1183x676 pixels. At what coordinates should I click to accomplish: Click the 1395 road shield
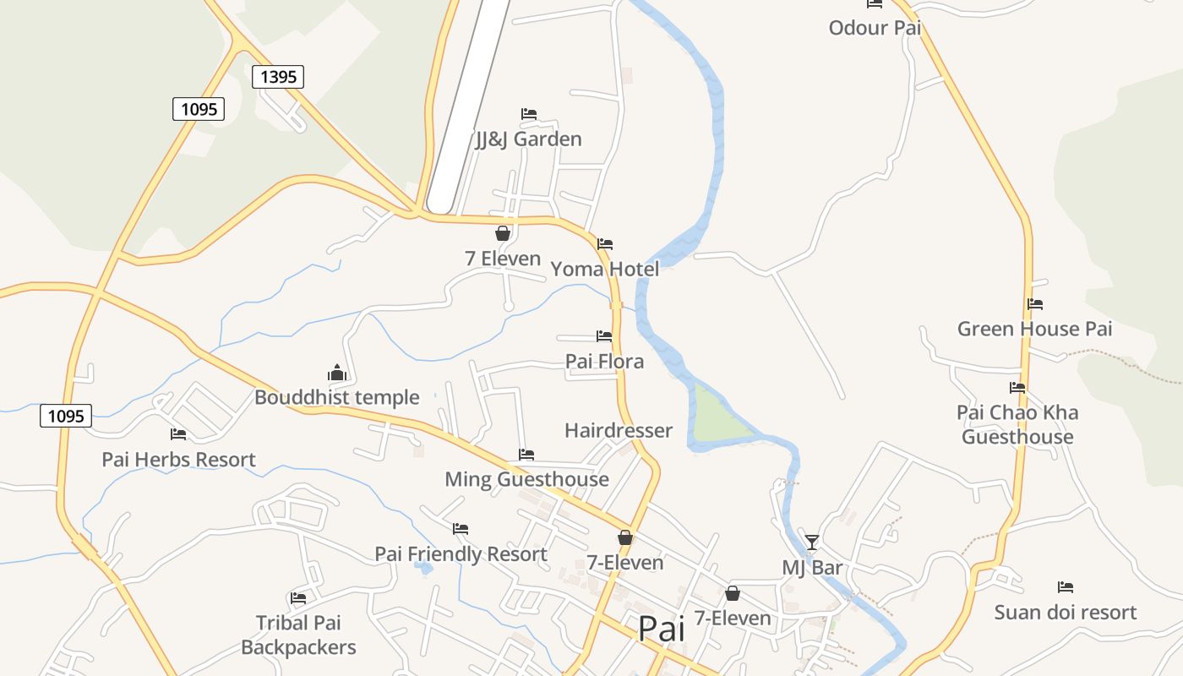coord(278,77)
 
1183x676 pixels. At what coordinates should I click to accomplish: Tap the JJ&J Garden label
coord(528,139)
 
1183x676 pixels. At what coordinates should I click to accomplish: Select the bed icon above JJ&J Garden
coord(529,113)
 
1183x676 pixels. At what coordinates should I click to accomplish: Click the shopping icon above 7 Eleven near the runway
coord(503,233)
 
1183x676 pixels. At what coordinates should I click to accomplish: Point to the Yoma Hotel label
coord(604,269)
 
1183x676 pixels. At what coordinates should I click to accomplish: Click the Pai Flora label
coord(604,361)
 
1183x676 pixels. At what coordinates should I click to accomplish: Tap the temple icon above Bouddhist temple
coord(337,373)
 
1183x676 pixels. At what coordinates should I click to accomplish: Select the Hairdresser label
coord(619,430)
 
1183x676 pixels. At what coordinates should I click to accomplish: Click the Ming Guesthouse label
coord(526,479)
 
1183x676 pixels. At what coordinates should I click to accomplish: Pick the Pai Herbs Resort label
coord(178,460)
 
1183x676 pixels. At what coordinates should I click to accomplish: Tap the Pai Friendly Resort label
coord(461,554)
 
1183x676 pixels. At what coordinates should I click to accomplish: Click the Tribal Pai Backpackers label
coord(298,635)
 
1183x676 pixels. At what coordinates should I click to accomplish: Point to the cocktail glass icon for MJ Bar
coord(812,542)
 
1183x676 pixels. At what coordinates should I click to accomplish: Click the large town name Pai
coord(661,629)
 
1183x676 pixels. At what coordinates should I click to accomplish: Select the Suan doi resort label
coord(1065,612)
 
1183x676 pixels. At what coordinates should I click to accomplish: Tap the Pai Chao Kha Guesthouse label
coord(1017,424)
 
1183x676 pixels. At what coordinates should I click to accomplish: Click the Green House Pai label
coord(1034,329)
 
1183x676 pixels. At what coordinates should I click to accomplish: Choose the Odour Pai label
coord(875,27)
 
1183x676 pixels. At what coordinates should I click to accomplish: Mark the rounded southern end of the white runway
coord(440,203)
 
